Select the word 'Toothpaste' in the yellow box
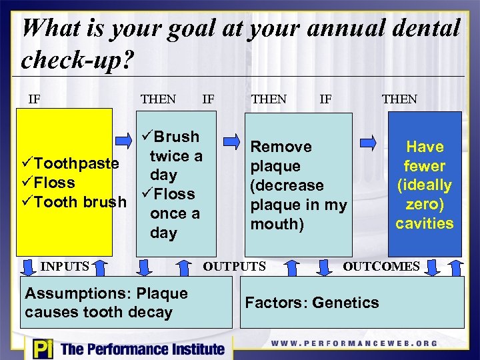tap(76, 163)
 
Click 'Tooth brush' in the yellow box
tap(80, 202)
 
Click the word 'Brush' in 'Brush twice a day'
tap(175, 137)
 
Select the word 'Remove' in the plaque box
tap(281, 147)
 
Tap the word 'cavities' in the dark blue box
tap(425, 223)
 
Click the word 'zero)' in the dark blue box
tap(425, 204)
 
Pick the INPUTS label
tap(65, 267)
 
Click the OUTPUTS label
tap(235, 267)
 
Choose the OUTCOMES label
tap(381, 267)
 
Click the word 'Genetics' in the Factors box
tap(347, 303)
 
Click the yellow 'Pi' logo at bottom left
tap(41, 349)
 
